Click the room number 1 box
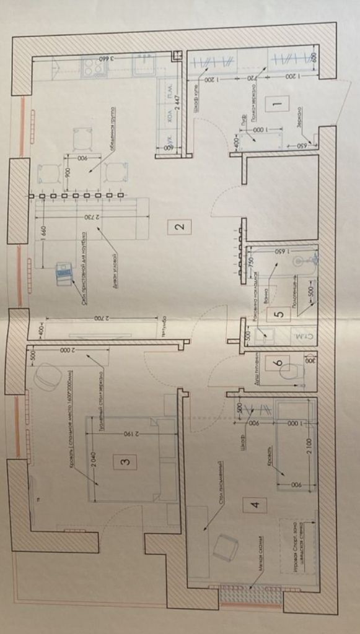tap(276, 105)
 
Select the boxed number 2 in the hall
tap(178, 226)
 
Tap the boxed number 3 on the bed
tap(125, 461)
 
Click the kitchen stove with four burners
tap(94, 67)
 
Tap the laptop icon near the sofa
tap(63, 273)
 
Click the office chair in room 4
tap(226, 547)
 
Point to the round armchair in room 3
tap(48, 376)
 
